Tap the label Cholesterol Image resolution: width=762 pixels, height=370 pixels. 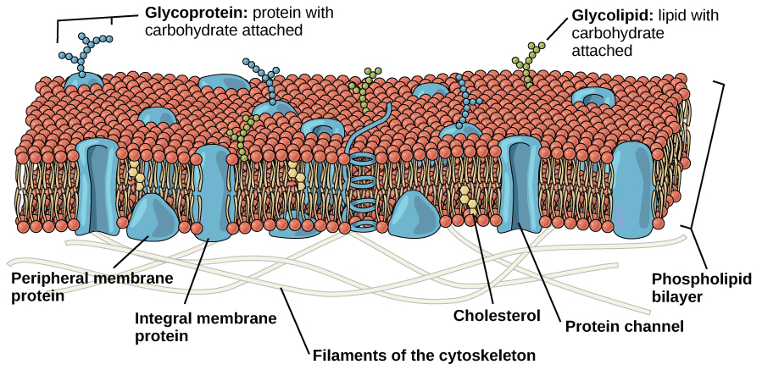[497, 316]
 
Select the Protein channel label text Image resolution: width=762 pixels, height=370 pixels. [625, 326]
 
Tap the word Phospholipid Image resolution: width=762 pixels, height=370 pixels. [701, 279]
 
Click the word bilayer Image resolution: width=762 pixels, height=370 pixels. [677, 296]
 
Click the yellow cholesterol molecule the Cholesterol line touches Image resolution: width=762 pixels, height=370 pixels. [469, 200]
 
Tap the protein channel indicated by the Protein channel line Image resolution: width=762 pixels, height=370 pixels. [520, 185]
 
